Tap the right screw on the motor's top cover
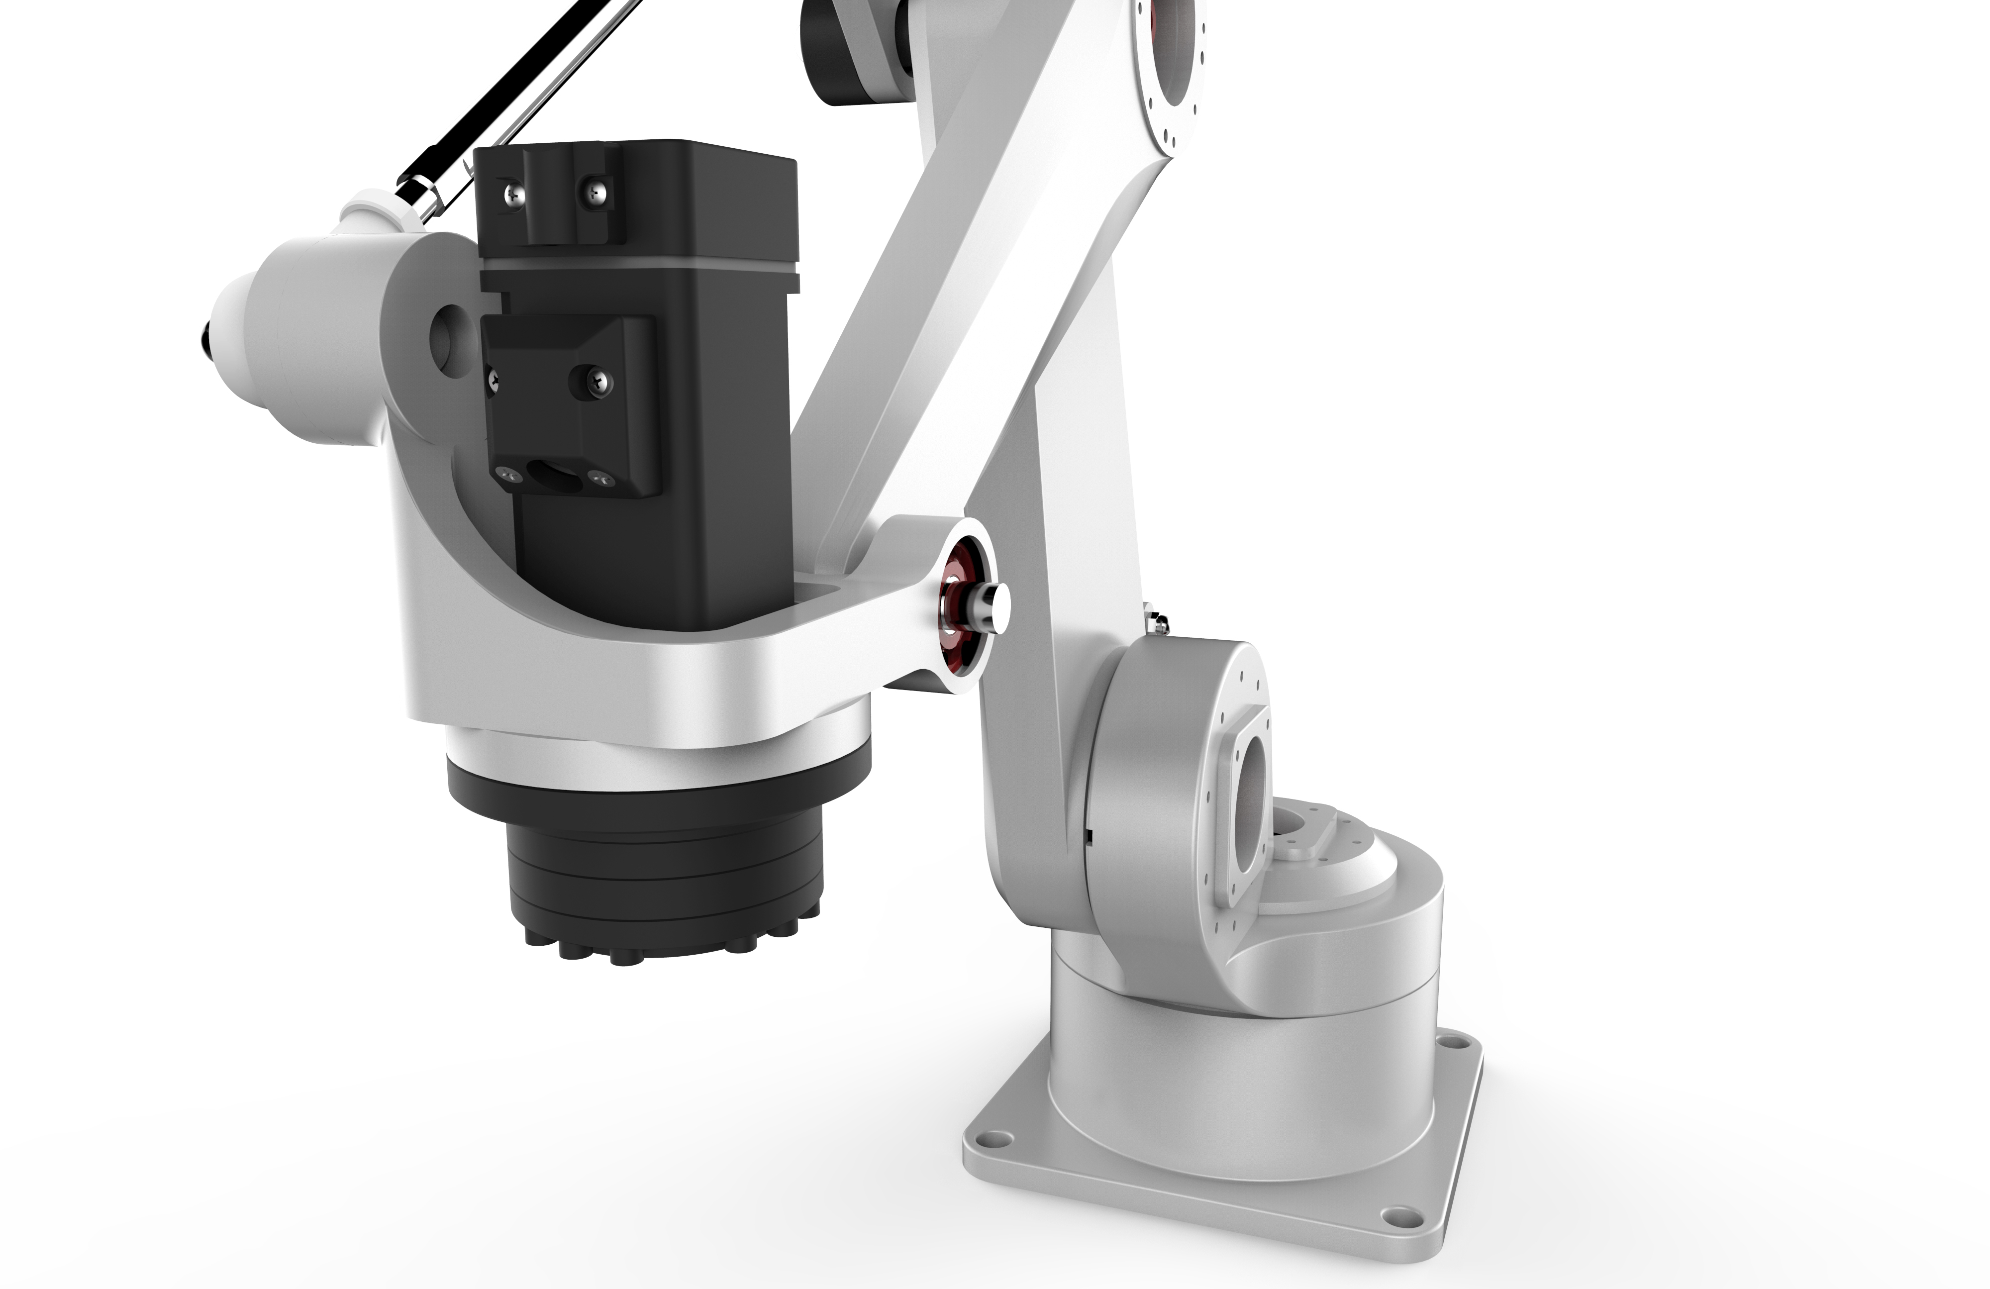tap(596, 192)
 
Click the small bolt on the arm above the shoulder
tap(1158, 620)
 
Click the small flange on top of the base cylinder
tap(1304, 832)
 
